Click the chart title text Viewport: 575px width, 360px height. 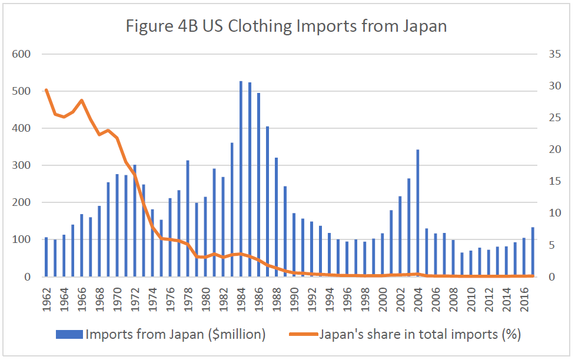point(287,26)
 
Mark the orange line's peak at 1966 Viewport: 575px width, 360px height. point(82,101)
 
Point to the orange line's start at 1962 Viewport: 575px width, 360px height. point(46,90)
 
